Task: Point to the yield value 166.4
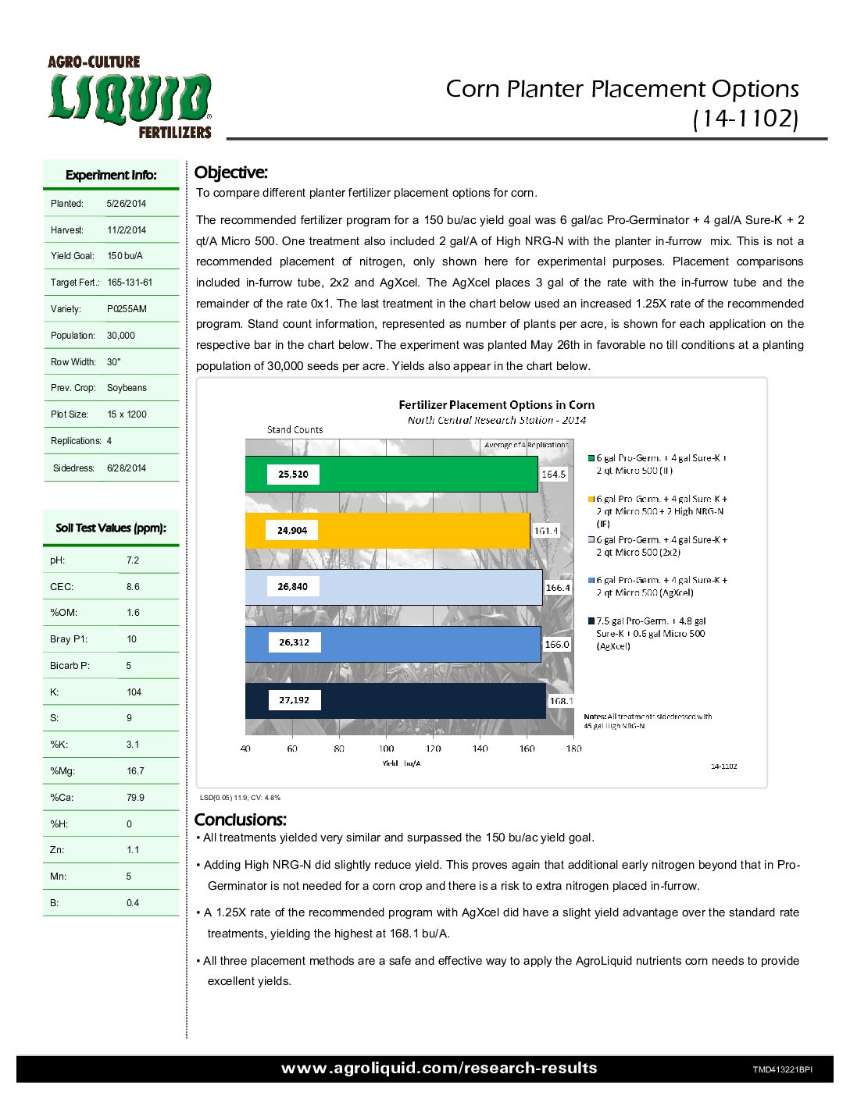558,588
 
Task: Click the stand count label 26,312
294,642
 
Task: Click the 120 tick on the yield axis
433,749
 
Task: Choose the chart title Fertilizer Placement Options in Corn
496,405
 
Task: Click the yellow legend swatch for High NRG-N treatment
591,499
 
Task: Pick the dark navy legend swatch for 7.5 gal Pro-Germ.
591,621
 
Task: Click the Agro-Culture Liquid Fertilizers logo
130,98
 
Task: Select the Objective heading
230,172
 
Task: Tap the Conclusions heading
240,820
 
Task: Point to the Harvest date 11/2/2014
127,230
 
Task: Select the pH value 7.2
133,560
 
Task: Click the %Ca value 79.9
135,798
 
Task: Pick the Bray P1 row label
69,639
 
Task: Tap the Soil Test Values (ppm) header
111,528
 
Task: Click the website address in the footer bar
439,1069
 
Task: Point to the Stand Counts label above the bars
295,430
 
